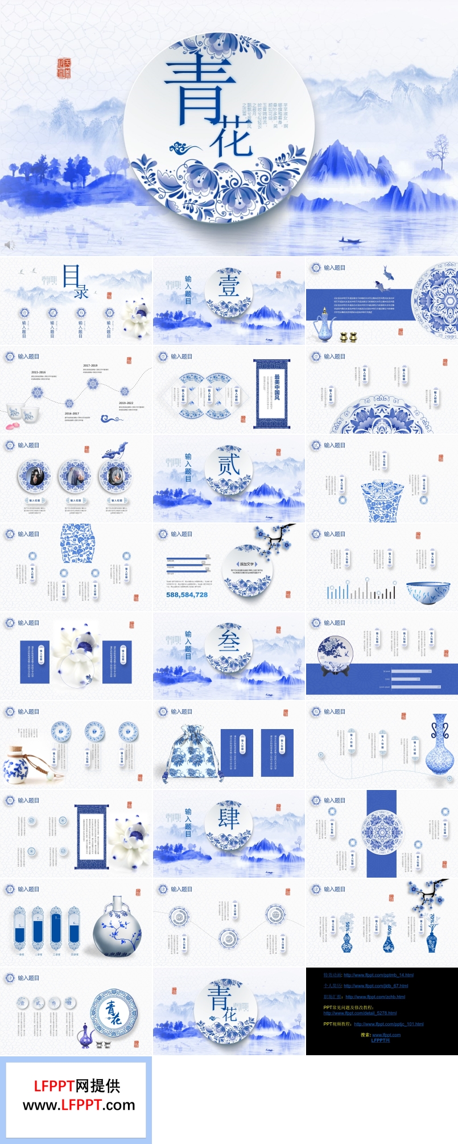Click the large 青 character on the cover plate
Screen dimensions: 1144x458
[x=199, y=91]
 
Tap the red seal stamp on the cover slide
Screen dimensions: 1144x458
[x=64, y=68]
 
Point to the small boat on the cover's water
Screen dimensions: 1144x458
[x=351, y=241]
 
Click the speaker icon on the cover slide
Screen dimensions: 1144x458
[x=10, y=245]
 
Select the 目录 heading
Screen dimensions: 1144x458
[x=75, y=281]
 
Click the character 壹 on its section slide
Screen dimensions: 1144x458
[x=229, y=285]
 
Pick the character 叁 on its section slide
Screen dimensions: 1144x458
[x=229, y=641]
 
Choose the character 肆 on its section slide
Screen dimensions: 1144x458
[x=229, y=818]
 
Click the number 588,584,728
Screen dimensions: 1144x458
[x=187, y=595]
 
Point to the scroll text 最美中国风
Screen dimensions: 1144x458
[x=277, y=387]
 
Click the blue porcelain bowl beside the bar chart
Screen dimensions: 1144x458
[x=428, y=592]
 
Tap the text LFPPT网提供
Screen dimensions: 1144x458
[x=77, y=1086]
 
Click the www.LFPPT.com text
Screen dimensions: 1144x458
[x=79, y=1105]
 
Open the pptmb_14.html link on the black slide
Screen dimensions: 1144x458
[x=378, y=975]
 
